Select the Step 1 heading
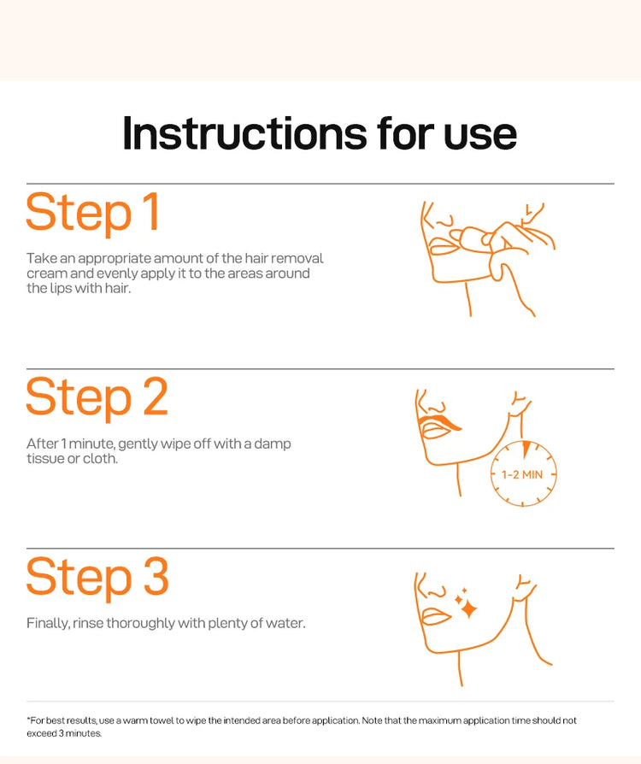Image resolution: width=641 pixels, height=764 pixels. [92, 213]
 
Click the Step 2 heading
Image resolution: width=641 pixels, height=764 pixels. [97, 397]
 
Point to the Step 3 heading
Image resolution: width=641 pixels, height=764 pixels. [97, 578]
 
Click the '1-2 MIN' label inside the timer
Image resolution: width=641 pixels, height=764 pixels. [522, 474]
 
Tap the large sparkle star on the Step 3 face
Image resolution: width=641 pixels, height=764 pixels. [469, 609]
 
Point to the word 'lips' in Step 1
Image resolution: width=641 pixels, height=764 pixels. [61, 289]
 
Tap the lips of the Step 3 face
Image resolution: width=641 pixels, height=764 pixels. [435, 615]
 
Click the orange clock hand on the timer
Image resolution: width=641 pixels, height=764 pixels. [526, 450]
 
